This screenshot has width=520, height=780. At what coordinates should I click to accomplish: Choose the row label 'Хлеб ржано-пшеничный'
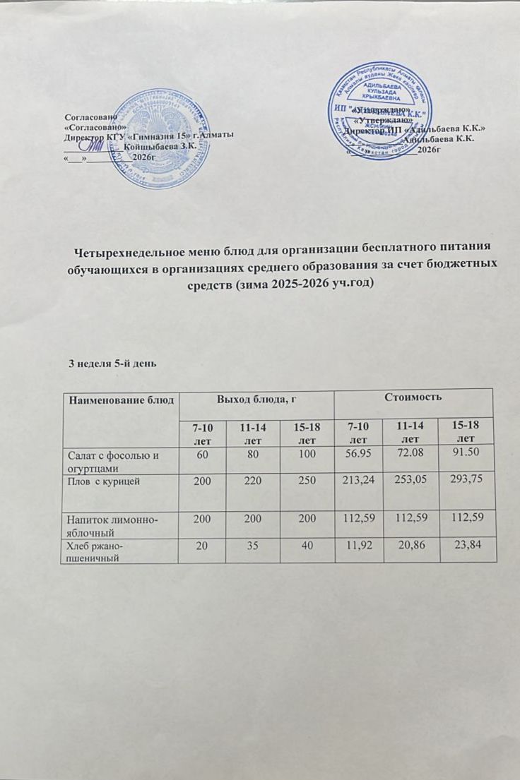(99, 551)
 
